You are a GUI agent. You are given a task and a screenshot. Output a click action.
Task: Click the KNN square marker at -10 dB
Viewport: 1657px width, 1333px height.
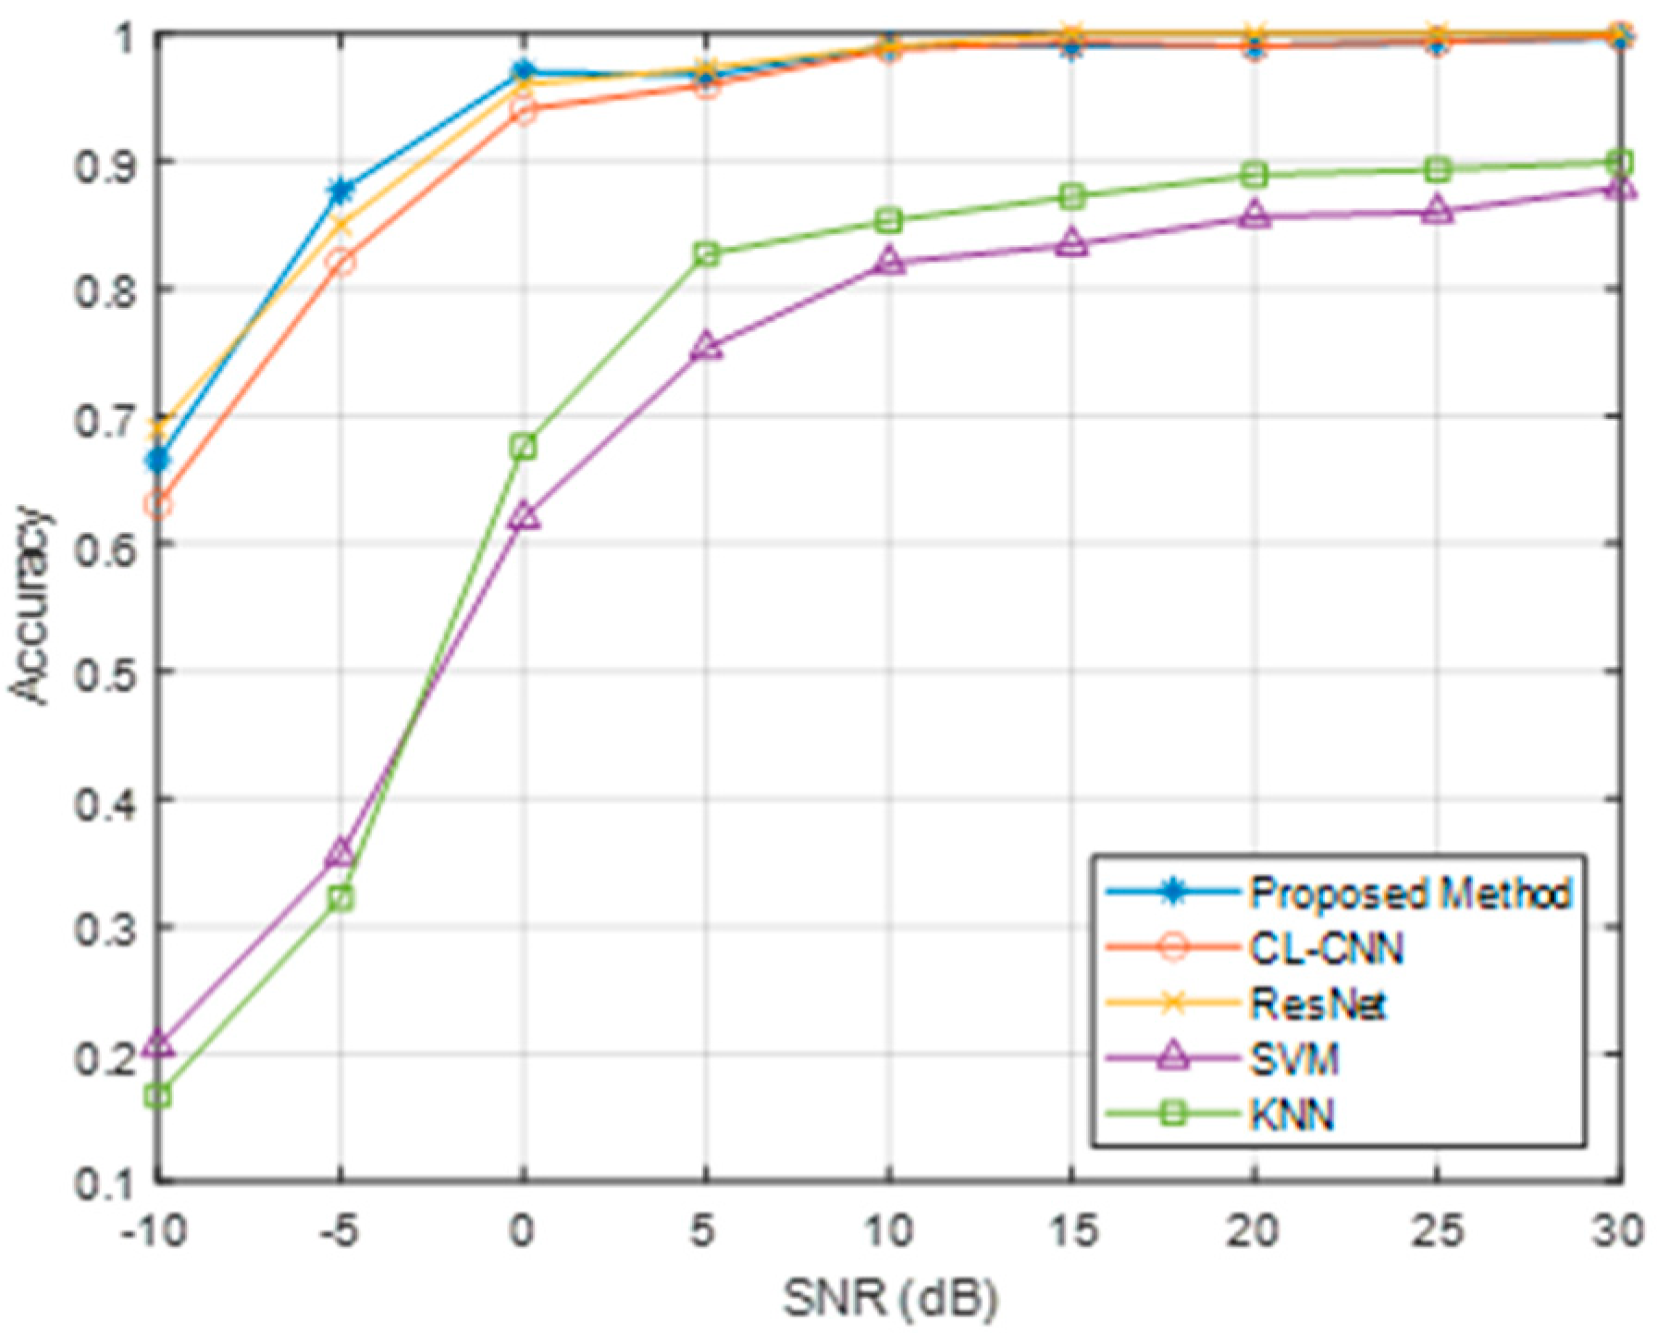point(158,1096)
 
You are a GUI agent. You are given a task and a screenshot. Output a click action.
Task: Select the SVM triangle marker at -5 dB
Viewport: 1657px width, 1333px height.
point(340,853)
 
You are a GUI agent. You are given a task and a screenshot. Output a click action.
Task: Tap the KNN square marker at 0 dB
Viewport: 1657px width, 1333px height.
point(524,448)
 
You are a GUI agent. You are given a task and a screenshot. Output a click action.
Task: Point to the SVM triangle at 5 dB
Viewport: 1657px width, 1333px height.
point(706,347)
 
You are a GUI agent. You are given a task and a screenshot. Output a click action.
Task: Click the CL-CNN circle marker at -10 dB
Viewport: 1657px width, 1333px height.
point(158,505)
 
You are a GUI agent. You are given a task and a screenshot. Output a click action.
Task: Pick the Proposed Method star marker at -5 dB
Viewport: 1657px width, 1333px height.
point(340,191)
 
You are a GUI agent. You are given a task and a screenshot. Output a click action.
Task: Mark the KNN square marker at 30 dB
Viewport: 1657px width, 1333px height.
point(1619,164)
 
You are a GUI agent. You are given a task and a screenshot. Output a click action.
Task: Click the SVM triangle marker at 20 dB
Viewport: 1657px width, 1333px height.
point(1255,216)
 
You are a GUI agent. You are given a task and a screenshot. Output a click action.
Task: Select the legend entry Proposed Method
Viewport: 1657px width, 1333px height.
point(1410,893)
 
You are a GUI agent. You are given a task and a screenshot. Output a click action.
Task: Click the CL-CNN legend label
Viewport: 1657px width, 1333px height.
point(1326,948)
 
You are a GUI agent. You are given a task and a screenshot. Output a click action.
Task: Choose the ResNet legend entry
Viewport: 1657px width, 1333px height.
point(1317,1004)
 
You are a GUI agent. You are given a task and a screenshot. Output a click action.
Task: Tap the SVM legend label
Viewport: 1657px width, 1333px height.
point(1294,1058)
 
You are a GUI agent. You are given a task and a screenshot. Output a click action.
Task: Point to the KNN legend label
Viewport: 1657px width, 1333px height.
point(1292,1115)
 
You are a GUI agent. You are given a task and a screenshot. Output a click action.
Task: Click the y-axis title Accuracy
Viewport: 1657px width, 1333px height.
point(30,606)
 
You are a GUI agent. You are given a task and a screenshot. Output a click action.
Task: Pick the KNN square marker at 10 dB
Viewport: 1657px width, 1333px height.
point(889,221)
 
